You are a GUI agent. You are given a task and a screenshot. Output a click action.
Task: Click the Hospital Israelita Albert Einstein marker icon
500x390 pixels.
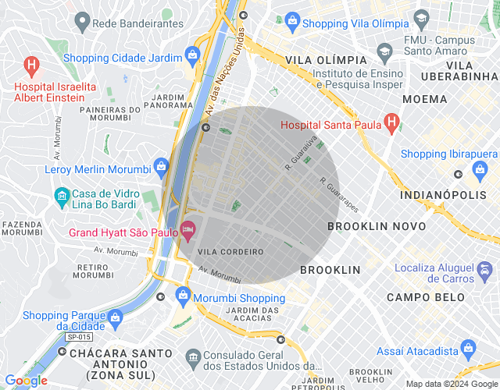tap(31, 65)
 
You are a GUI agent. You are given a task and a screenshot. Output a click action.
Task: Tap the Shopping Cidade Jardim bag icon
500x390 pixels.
tap(191, 55)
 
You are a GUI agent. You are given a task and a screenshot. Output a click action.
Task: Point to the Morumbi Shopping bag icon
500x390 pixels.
tap(183, 295)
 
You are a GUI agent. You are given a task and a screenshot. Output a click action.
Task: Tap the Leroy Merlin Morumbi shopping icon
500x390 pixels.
tap(161, 165)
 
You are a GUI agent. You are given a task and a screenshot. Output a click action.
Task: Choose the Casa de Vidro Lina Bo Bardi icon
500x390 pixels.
tap(61, 195)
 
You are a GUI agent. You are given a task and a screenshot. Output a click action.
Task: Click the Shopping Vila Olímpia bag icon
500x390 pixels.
tap(291, 19)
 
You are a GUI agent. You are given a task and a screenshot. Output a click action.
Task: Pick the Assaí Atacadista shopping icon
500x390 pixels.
tap(468, 349)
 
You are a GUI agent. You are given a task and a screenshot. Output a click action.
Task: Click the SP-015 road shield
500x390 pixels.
tap(78, 337)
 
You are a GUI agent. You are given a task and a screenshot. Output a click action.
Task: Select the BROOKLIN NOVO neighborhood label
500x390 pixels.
tap(377, 226)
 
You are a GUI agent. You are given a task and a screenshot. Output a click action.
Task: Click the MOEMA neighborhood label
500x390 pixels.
tap(425, 99)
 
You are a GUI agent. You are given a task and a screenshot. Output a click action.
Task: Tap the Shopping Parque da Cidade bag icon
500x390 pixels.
tap(116, 317)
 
